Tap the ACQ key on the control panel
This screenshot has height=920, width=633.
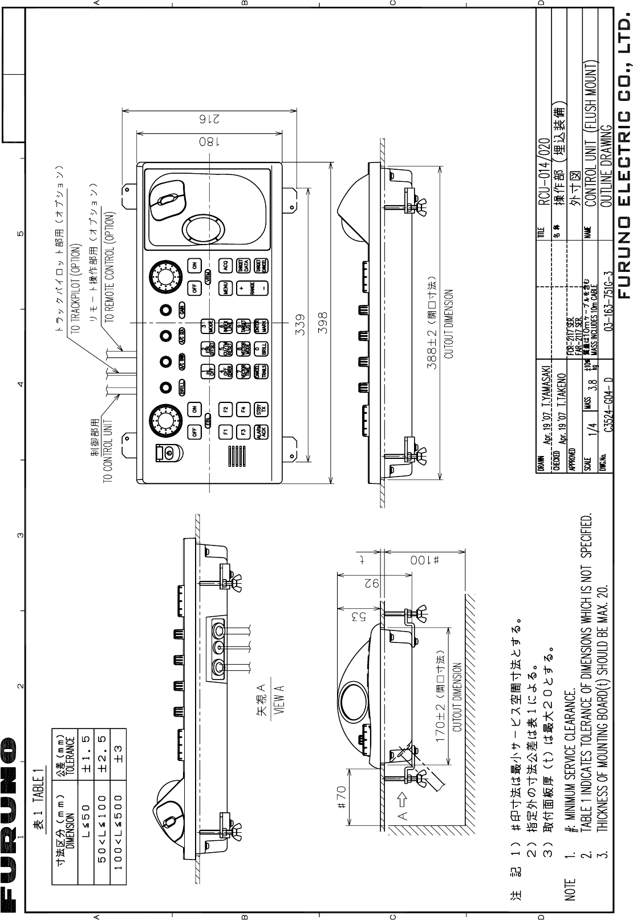226,265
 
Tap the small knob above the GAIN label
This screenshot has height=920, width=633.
165,310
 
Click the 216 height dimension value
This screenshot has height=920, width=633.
201,119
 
